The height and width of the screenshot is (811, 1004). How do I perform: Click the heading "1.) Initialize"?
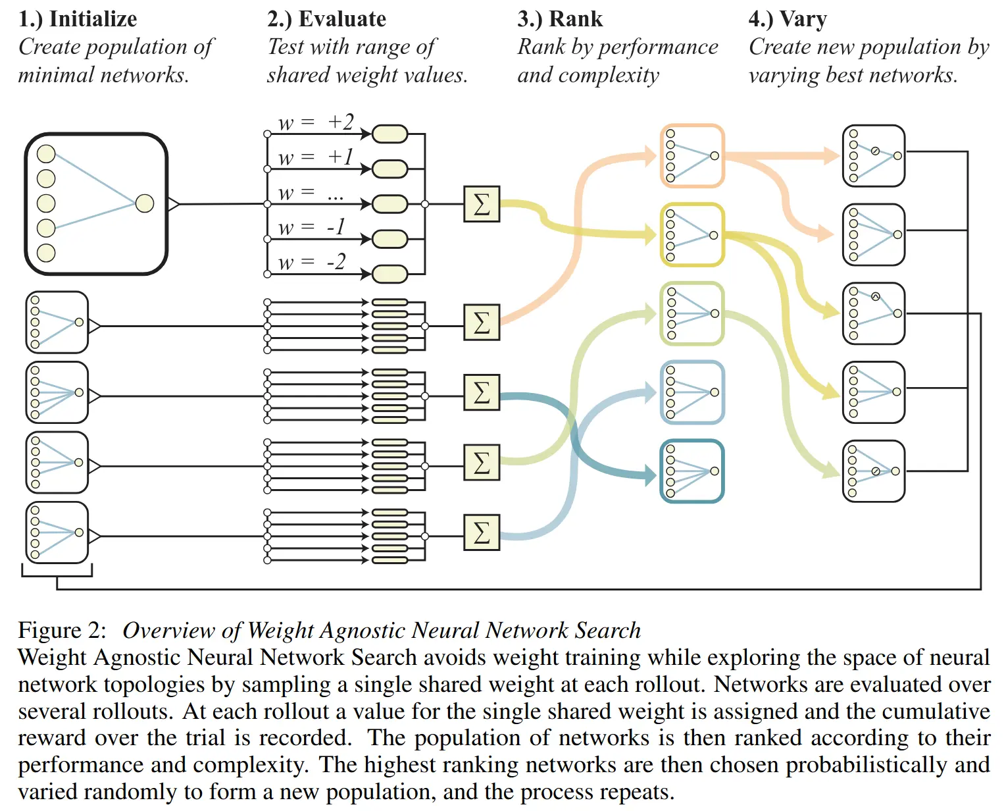pos(78,18)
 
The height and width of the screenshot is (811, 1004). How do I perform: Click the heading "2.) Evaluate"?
pos(326,18)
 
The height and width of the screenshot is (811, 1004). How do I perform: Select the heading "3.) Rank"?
pos(560,18)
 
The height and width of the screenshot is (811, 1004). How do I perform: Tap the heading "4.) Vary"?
pos(788,18)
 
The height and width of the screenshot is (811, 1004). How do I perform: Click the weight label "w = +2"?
pos(316,122)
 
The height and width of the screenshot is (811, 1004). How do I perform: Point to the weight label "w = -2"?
pos(312,262)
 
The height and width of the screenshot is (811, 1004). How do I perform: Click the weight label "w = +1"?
pos(316,157)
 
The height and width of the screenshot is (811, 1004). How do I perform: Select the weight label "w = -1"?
pos(312,227)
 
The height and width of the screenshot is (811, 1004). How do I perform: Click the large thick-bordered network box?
pos(96,203)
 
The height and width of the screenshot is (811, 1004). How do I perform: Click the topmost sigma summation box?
pos(482,204)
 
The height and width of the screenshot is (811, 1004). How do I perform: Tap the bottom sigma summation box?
pos(482,532)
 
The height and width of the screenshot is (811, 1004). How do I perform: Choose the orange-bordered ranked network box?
pos(692,156)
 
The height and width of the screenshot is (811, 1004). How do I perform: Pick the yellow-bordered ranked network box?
pos(692,235)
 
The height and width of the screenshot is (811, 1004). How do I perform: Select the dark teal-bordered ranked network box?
pos(692,471)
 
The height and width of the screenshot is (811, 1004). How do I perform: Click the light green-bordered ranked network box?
pos(692,314)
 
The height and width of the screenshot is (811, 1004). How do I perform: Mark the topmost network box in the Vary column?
pos(874,156)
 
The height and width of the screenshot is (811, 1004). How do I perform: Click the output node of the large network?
pos(145,203)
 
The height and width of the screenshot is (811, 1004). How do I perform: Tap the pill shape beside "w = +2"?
pos(390,134)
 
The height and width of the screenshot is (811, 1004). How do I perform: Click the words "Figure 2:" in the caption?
pos(62,631)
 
